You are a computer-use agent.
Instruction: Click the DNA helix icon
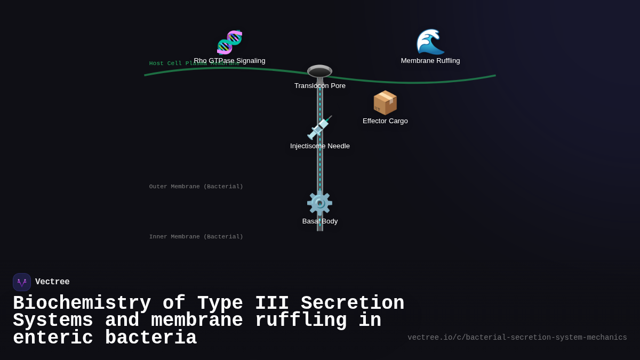click(x=229, y=43)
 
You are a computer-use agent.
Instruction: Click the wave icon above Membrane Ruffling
click(x=430, y=42)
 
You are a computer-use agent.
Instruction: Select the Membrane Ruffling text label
click(x=430, y=61)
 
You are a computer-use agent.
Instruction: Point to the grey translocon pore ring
click(x=319, y=71)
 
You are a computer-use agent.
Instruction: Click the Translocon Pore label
click(x=319, y=86)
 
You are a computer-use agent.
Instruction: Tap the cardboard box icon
click(x=385, y=102)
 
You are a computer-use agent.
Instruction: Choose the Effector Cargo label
click(x=385, y=121)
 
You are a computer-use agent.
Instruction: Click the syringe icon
click(x=319, y=128)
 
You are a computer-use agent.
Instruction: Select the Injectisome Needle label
click(x=319, y=146)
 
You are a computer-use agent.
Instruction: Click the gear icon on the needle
click(x=319, y=203)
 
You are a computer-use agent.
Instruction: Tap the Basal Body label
click(x=319, y=221)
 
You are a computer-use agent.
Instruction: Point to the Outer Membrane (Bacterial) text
click(x=196, y=187)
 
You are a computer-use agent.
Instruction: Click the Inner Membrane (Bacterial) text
click(x=196, y=237)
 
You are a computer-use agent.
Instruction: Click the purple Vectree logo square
click(x=22, y=282)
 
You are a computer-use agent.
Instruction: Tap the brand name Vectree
click(x=52, y=282)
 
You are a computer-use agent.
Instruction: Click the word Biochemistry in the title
click(x=82, y=303)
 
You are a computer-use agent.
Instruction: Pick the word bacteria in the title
click(x=151, y=338)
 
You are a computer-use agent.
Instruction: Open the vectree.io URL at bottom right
click(x=517, y=338)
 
